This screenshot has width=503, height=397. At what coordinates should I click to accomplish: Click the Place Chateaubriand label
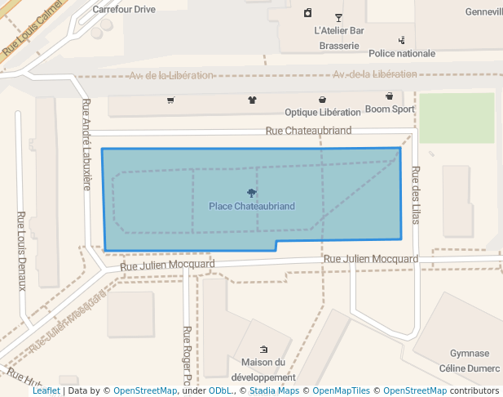pyautogui.click(x=251, y=206)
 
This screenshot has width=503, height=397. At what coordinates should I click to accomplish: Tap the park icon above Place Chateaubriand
pyautogui.click(x=251, y=193)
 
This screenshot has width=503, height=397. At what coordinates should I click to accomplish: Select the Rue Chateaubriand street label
pyautogui.click(x=308, y=131)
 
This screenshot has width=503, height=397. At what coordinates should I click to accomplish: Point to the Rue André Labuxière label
pyautogui.click(x=86, y=144)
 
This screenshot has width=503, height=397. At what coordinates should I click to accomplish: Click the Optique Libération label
pyautogui.click(x=322, y=112)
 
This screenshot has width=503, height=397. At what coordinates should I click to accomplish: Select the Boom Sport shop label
pyautogui.click(x=390, y=109)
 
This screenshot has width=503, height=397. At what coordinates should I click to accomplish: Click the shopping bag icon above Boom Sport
pyautogui.click(x=389, y=96)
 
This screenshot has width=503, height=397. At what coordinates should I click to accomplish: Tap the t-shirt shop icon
pyautogui.click(x=252, y=100)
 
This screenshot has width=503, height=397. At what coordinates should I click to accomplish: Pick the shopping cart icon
pyautogui.click(x=170, y=100)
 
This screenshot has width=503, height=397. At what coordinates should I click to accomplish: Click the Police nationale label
pyautogui.click(x=402, y=54)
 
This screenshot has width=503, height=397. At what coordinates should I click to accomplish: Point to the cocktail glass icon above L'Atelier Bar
pyautogui.click(x=338, y=17)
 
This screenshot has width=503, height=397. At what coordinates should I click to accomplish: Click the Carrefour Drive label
pyautogui.click(x=123, y=10)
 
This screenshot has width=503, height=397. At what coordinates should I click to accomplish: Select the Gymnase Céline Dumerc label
pyautogui.click(x=470, y=360)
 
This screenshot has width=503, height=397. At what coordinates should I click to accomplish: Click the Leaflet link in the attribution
pyautogui.click(x=46, y=390)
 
